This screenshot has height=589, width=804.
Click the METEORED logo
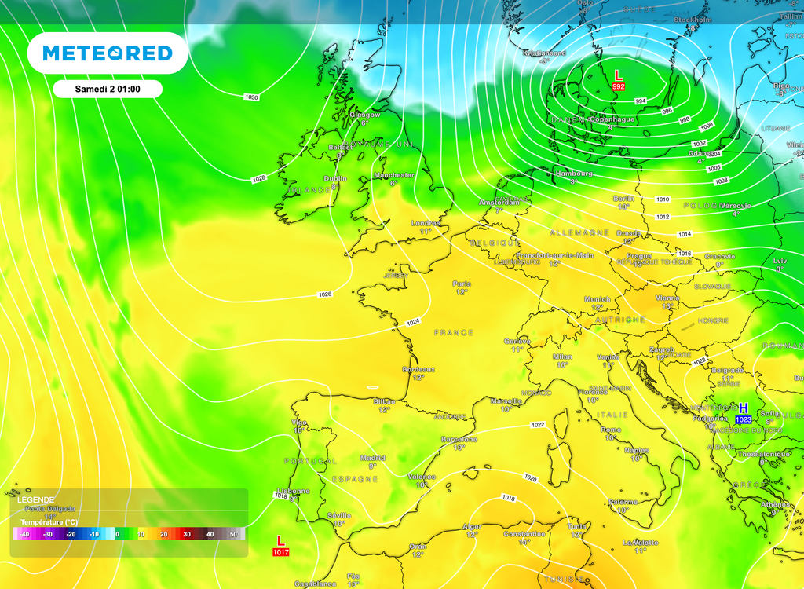[x=108, y=53]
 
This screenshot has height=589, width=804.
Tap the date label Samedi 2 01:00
[x=108, y=89]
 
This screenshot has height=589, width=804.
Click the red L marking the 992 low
[x=618, y=75]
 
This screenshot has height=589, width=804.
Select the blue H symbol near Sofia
[x=743, y=408]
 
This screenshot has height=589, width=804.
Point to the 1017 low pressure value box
[x=280, y=552]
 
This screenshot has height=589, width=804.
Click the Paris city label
[x=462, y=284]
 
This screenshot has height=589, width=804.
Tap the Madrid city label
[x=372, y=457]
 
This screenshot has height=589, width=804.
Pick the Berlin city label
[x=623, y=199]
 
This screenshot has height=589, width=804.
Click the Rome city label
[x=611, y=430]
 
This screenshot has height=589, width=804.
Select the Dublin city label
[x=335, y=178]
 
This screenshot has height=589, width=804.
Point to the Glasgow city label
[x=365, y=115]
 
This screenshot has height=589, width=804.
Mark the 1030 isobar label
[x=251, y=97]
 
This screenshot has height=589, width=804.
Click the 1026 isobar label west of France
[x=325, y=294]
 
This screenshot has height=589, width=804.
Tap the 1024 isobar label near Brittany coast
[x=413, y=322]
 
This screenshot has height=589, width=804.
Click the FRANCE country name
[x=454, y=332]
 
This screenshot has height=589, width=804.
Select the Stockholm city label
[x=692, y=19]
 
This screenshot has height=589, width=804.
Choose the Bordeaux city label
[x=418, y=369]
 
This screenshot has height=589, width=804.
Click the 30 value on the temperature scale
[x=187, y=534]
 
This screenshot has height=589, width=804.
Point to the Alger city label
[x=471, y=526]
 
